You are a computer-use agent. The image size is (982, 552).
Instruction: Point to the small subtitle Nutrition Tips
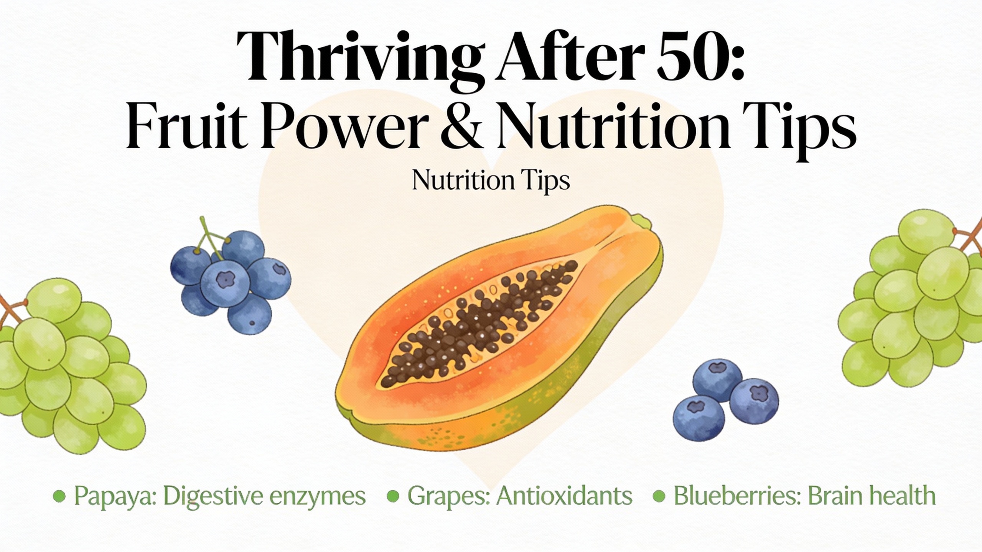pyautogui.click(x=491, y=180)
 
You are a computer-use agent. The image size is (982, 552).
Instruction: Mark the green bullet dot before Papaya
pyautogui.click(x=59, y=496)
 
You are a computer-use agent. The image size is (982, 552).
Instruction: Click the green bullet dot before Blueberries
pyautogui.click(x=659, y=496)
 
